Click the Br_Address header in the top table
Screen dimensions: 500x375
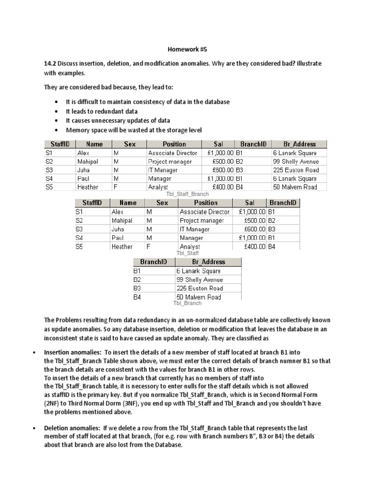[x=299, y=144]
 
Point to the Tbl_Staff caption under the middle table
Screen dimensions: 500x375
[x=187, y=253]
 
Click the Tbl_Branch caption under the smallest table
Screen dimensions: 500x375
[x=187, y=303]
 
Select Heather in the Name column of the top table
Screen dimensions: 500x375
[x=87, y=187]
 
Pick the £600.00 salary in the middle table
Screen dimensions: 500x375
[x=254, y=229]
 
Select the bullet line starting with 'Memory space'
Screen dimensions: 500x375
[x=133, y=130]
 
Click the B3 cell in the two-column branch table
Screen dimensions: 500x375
[x=137, y=289]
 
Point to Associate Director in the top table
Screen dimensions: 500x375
[x=172, y=153]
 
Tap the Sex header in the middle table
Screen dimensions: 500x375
[x=162, y=203]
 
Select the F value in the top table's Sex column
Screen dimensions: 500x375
[x=115, y=187]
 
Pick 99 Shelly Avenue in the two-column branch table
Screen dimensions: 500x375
[x=199, y=280]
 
